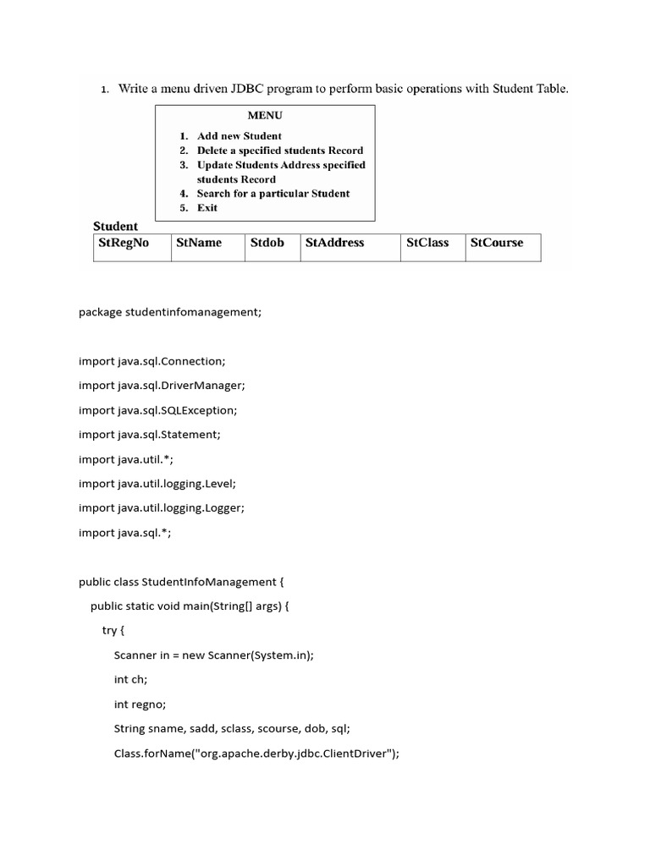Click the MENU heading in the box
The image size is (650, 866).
[265, 115]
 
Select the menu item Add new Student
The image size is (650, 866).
[239, 136]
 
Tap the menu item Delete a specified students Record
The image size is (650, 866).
[279, 151]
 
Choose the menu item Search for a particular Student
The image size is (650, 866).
[273, 194]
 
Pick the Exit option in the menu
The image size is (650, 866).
[207, 208]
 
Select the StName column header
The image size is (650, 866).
[199, 243]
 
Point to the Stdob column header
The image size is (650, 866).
[267, 243]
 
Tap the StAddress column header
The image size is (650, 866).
[334, 243]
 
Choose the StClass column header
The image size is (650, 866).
[427, 243]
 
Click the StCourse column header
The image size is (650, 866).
[497, 243]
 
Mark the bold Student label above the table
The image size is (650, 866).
[115, 226]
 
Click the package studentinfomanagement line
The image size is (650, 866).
[170, 312]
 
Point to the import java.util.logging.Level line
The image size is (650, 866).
[157, 484]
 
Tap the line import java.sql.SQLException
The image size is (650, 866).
[158, 410]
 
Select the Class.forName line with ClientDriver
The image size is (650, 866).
[256, 753]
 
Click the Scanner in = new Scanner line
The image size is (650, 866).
[213, 655]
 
